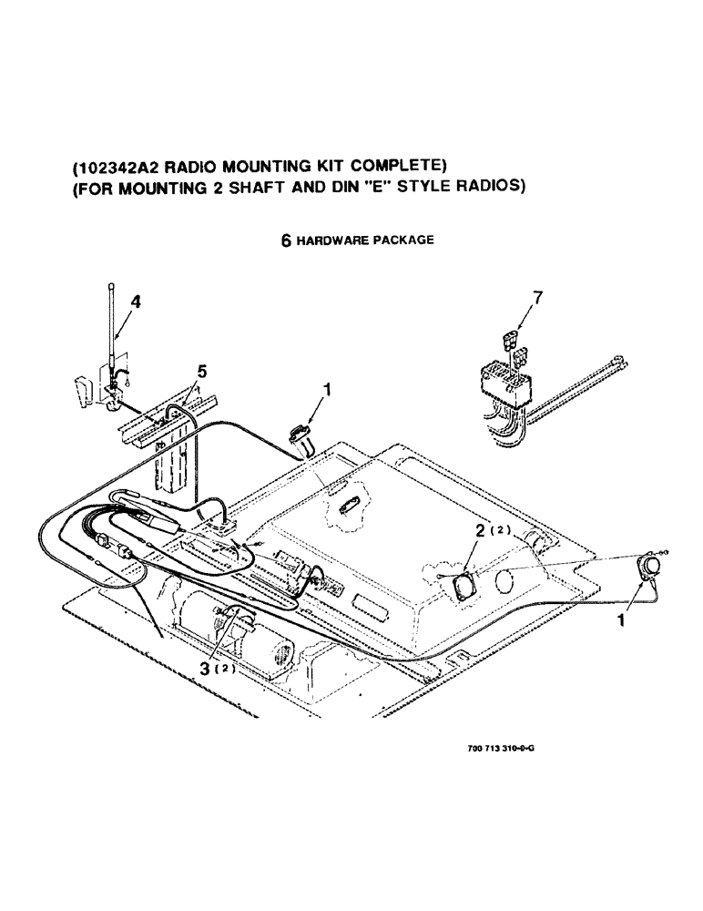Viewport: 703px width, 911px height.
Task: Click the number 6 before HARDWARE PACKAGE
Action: point(285,241)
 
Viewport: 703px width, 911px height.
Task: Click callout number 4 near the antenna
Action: point(135,302)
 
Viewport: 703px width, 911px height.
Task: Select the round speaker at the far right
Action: point(649,566)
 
